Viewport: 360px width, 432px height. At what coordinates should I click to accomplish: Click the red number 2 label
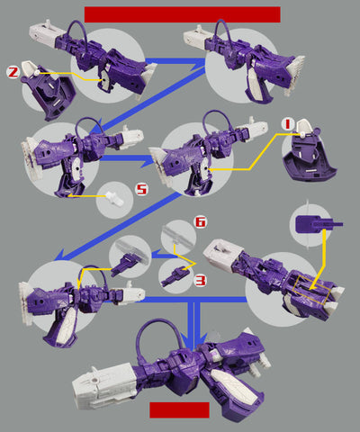pyautogui.click(x=13, y=72)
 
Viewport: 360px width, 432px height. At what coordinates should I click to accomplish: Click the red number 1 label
pyautogui.click(x=288, y=123)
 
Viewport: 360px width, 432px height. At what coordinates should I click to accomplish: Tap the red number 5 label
pyautogui.click(x=141, y=190)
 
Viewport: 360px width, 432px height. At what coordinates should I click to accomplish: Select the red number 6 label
pyautogui.click(x=201, y=222)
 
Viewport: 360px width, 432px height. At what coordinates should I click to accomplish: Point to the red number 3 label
pyautogui.click(x=201, y=281)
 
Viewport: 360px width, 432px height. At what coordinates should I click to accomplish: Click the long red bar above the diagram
pyautogui.click(x=183, y=14)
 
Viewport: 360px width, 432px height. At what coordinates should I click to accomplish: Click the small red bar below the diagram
pyautogui.click(x=179, y=409)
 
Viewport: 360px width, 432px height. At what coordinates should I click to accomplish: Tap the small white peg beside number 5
pyautogui.click(x=115, y=199)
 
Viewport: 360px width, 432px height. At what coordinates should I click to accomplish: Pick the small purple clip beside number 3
pyautogui.click(x=175, y=276)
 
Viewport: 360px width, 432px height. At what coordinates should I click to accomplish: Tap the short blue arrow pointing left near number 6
pyautogui.click(x=165, y=256)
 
